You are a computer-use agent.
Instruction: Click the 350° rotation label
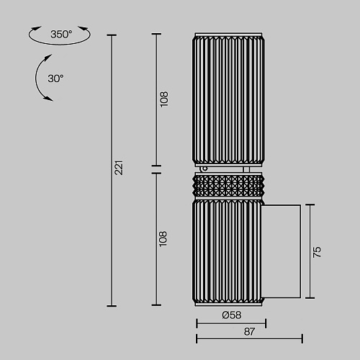tap(61, 35)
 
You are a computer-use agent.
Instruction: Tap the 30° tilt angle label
tap(55, 78)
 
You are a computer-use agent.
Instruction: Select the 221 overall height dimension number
tap(119, 168)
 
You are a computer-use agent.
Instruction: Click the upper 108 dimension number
tap(164, 99)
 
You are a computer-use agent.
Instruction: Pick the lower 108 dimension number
tap(163, 239)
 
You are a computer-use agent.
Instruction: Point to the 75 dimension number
tap(317, 252)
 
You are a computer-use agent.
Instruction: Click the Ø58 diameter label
tap(232, 315)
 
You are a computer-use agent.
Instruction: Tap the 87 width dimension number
tap(249, 332)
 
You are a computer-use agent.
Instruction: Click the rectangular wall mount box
tap(281, 251)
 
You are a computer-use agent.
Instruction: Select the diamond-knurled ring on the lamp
tap(228, 186)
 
